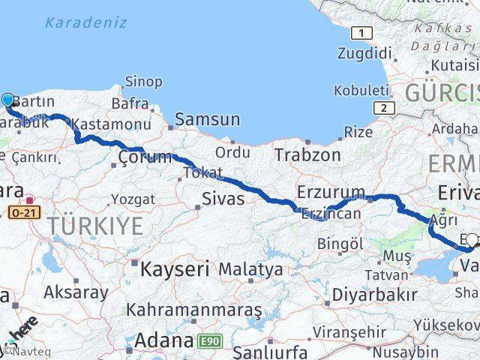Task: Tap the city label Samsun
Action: coord(208,119)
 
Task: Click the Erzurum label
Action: coord(331,193)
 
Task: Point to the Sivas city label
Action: coord(223,199)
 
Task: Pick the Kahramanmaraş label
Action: coord(193,309)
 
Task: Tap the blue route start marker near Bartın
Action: coord(8,100)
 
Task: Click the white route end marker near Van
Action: coord(471,241)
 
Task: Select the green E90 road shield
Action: coord(211,341)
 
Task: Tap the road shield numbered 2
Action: coord(384,108)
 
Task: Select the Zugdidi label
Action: coord(365,53)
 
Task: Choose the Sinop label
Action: coord(142,82)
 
